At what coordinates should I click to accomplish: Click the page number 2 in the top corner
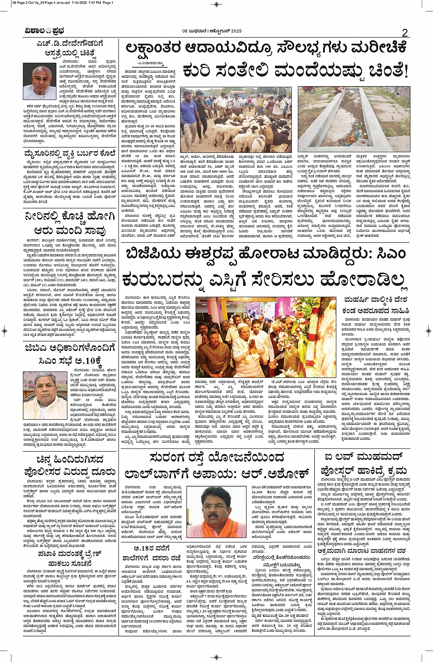coord(405,33)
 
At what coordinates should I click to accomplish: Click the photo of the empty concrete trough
coord(353,119)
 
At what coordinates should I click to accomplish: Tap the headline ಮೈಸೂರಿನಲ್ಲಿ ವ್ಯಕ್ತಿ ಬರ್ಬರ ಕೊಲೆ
coord(70,153)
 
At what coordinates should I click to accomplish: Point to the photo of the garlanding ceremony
coord(266,337)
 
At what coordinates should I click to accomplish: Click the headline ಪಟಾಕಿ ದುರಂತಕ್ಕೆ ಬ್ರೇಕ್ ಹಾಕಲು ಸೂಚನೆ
coord(70,558)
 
